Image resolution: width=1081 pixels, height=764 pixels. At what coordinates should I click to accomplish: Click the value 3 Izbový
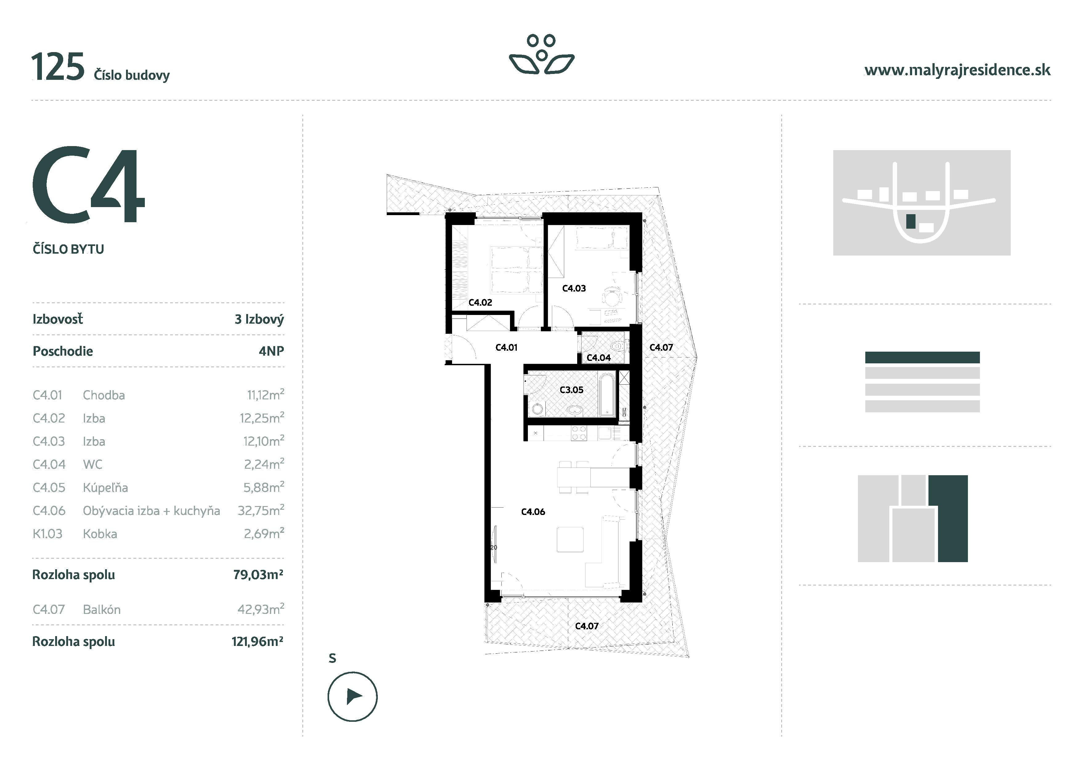click(259, 319)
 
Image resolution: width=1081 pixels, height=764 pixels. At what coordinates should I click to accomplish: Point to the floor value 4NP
click(271, 351)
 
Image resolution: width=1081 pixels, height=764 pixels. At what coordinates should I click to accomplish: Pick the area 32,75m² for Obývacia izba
click(260, 511)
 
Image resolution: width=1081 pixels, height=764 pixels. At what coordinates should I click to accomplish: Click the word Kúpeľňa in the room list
click(105, 488)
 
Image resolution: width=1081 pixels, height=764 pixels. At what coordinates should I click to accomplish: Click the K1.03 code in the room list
click(47, 534)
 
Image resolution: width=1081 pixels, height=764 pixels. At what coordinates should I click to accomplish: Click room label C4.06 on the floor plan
click(533, 512)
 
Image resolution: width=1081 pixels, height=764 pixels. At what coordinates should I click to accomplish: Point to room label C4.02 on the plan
click(480, 303)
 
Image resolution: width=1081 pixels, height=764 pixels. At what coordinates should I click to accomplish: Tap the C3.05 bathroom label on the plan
click(571, 390)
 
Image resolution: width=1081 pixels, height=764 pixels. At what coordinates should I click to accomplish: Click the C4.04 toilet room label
click(598, 358)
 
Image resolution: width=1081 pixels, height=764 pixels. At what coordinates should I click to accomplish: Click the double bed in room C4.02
click(516, 270)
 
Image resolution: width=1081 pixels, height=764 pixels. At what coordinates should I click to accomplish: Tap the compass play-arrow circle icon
click(352, 696)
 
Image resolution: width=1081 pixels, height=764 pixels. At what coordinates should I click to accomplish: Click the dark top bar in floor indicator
click(922, 357)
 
